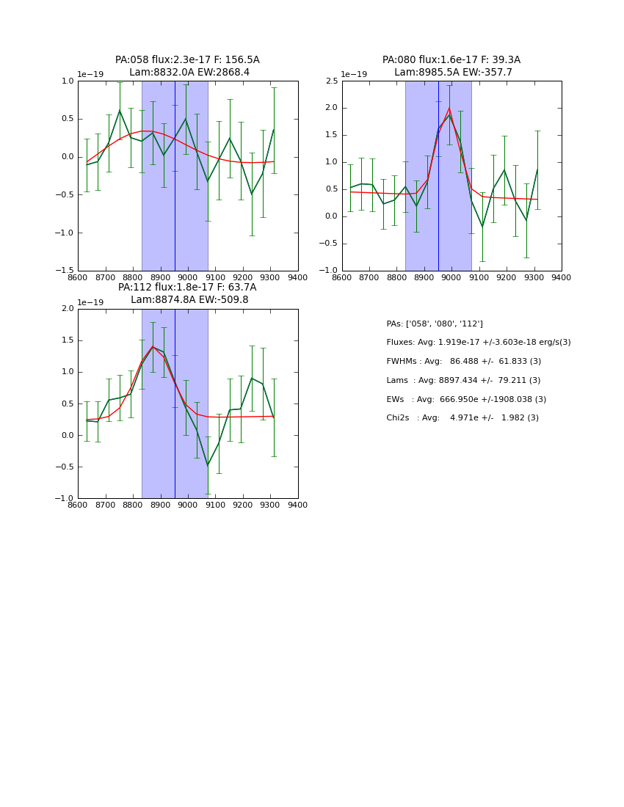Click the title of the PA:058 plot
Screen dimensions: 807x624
[x=187, y=66]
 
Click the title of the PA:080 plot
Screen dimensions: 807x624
[x=451, y=66]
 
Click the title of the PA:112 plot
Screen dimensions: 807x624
[x=187, y=293]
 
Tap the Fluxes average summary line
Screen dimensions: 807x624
[x=478, y=343]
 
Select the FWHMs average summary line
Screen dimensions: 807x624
[x=463, y=362]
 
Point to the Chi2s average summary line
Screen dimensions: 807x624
[x=462, y=418]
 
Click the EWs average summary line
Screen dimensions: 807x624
[x=466, y=400]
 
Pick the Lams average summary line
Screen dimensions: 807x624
[x=463, y=381]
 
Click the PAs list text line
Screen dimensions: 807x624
[x=435, y=324]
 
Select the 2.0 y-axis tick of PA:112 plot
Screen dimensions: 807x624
[x=67, y=309]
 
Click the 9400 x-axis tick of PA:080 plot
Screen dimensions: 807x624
[x=562, y=278]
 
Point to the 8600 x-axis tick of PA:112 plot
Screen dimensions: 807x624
[x=78, y=505]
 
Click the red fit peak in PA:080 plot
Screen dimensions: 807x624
[x=449, y=108]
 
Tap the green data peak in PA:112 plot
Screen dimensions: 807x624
[x=153, y=346]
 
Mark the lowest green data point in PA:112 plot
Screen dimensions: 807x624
[x=208, y=465]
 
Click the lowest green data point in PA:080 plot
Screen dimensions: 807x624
[x=482, y=227]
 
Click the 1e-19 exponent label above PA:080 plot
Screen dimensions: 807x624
[x=354, y=75]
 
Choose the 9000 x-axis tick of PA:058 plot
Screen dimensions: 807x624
[x=188, y=278]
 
